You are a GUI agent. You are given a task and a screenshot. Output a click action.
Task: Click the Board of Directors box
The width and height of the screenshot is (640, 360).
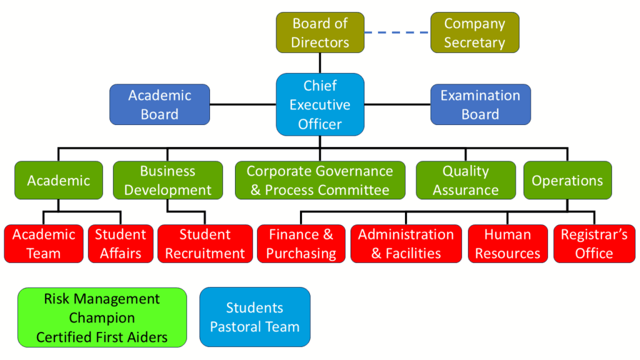[x=320, y=32]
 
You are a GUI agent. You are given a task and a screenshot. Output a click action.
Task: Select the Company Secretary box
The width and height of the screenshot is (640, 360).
[x=474, y=32]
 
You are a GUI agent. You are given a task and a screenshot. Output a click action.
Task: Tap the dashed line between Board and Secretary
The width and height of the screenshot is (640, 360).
[x=397, y=32]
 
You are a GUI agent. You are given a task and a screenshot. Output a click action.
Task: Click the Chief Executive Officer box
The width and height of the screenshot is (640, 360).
[x=320, y=104]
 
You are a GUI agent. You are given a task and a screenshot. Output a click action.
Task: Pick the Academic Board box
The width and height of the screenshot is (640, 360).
[x=159, y=104]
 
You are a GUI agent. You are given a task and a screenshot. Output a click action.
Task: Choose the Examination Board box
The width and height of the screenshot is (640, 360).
[x=480, y=104]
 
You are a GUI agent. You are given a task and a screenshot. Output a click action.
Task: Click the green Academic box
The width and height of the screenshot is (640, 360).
[x=58, y=181]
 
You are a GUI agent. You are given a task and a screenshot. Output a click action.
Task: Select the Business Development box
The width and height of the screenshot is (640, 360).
[x=167, y=181]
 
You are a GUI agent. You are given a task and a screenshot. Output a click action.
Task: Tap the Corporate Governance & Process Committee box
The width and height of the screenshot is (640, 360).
[x=319, y=181]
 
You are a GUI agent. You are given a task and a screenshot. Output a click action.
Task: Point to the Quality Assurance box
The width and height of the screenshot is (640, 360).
[x=466, y=181]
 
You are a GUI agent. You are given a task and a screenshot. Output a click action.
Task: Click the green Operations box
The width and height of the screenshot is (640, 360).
[x=567, y=181]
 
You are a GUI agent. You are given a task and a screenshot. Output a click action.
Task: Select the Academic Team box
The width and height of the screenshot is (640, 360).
[x=44, y=244]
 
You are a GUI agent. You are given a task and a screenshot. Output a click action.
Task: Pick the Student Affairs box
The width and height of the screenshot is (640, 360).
[x=120, y=244]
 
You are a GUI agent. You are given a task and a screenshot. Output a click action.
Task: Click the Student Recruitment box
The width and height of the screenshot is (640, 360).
[x=205, y=244]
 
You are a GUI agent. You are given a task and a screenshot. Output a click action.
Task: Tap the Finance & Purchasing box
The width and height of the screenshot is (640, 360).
[x=301, y=244]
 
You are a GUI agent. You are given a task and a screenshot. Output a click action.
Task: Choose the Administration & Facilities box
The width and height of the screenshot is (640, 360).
[x=406, y=244]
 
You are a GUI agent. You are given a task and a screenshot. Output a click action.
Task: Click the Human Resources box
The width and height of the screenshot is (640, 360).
[x=507, y=244]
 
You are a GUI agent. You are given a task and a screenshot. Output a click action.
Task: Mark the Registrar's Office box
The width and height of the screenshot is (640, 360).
[x=594, y=244]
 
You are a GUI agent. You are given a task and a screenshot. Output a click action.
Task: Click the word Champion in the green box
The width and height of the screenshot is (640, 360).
[x=102, y=318]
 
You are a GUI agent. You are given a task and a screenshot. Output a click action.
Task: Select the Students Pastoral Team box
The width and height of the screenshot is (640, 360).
[x=254, y=317]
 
